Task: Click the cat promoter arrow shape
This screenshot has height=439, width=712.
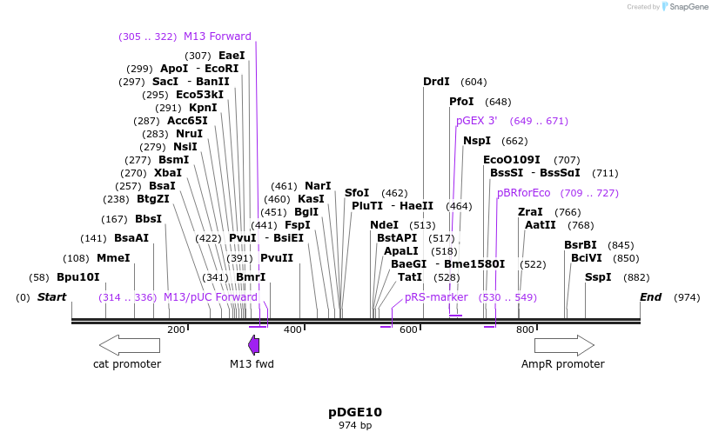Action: tap(130, 345)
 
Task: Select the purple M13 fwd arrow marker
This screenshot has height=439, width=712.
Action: tap(253, 345)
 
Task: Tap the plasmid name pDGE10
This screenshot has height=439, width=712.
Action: tap(355, 412)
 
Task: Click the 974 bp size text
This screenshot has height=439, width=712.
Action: tap(355, 426)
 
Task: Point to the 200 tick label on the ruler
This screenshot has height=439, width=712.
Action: tap(177, 329)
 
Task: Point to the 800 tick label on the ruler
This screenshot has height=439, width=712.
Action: tap(525, 329)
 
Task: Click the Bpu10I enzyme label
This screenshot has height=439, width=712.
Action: tap(78, 277)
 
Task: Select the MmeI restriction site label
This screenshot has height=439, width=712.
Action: tap(113, 258)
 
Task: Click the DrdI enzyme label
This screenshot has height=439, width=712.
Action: tap(436, 82)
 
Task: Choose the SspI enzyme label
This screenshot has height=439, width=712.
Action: tap(598, 277)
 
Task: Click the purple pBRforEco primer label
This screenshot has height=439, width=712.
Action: tap(524, 193)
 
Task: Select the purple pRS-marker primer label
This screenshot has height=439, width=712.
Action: tap(436, 297)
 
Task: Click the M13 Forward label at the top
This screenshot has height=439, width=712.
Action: tap(218, 37)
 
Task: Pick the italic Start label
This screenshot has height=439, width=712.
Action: tap(51, 297)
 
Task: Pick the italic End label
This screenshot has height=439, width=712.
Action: tap(650, 297)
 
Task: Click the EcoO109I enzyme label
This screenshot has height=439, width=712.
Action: tap(512, 160)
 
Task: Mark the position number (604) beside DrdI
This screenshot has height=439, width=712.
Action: tap(474, 82)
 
